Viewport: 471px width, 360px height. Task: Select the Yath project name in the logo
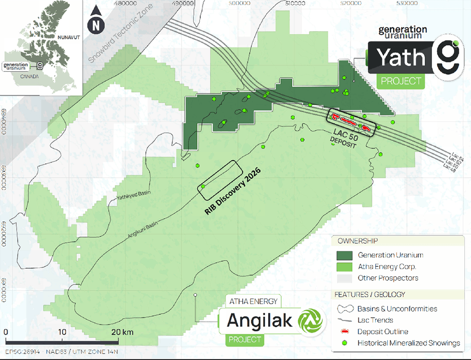pos(400,58)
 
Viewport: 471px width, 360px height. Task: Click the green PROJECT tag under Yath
pos(401,81)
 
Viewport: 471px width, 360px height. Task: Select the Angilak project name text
pos(259,320)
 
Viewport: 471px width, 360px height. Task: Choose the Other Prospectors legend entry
pos(387,278)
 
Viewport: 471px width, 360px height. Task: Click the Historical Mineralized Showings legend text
pos(409,343)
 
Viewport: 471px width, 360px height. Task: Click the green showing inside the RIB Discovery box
pos(203,186)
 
